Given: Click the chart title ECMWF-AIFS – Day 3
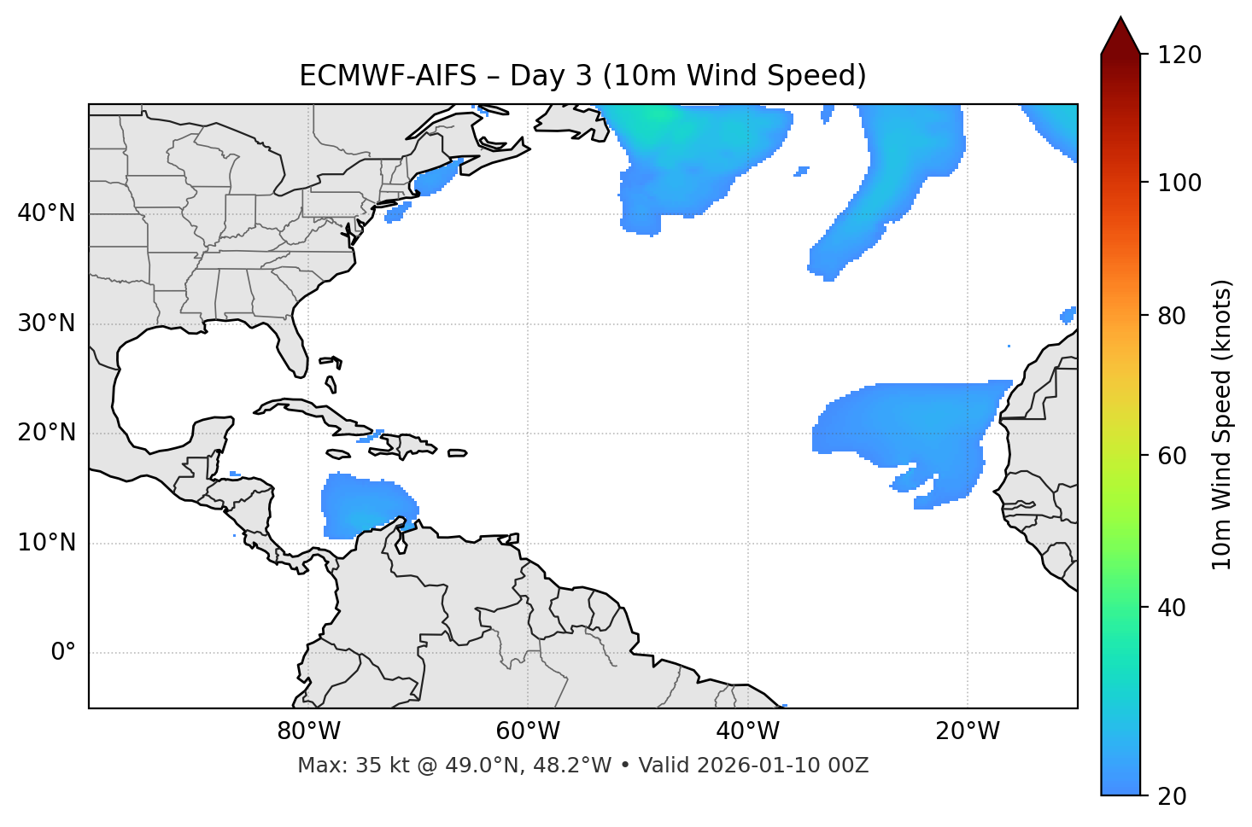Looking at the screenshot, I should point(582,76).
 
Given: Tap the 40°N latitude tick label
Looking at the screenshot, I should point(46,213).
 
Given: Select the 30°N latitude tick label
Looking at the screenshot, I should point(46,323).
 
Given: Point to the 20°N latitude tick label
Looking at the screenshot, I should point(46,433).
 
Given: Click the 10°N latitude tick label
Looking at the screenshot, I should point(46,543).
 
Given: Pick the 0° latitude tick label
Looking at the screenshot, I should point(62,653).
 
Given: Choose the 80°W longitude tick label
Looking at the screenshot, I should point(308,731).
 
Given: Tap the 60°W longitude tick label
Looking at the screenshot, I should point(528,731).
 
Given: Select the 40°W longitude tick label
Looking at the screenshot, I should point(747,731).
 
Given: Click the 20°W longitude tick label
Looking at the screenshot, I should point(967,731).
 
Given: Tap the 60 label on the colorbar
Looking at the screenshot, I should point(1172,456).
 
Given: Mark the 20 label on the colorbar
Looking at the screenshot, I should point(1172,796).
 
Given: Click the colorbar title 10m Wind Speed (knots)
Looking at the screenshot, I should point(1222,425).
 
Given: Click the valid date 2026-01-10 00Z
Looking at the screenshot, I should point(782,766).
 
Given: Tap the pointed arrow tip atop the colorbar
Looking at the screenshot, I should point(1120,19).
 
